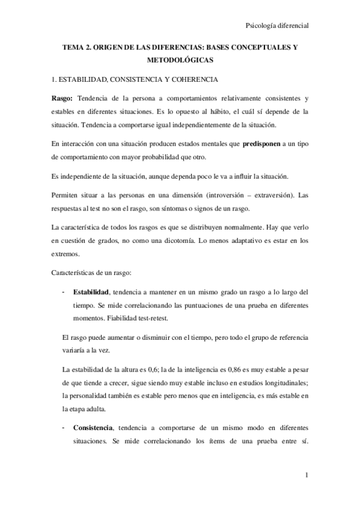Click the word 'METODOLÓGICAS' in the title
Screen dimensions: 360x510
point(180,60)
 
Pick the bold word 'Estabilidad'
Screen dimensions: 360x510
point(91,292)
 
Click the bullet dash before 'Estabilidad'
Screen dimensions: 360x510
point(64,292)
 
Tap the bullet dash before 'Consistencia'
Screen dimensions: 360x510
point(64,428)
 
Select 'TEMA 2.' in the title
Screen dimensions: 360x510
point(81,47)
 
